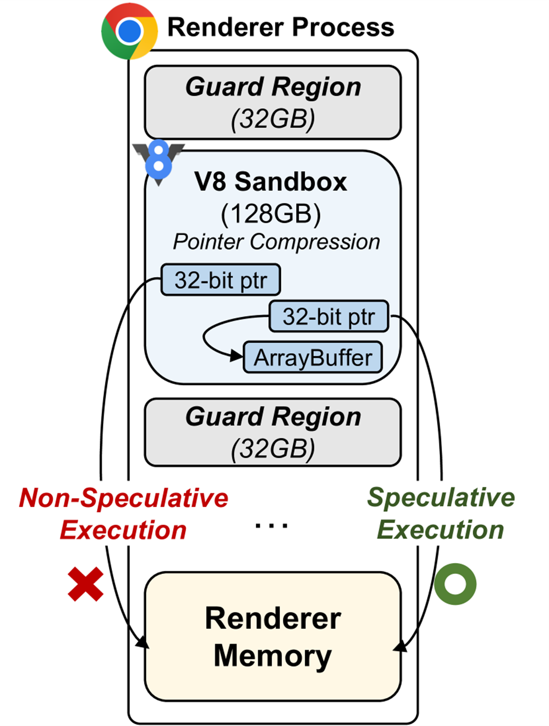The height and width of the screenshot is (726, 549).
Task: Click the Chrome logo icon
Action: [x=129, y=31]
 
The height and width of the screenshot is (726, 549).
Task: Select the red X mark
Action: [x=86, y=584]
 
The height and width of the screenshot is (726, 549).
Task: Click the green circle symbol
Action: [x=455, y=584]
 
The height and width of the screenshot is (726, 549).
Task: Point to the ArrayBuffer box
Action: [x=313, y=358]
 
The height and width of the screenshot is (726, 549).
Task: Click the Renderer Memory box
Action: [x=273, y=636]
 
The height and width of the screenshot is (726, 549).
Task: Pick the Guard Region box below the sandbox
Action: [x=273, y=432]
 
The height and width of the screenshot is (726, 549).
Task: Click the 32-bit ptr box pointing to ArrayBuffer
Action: [x=328, y=316]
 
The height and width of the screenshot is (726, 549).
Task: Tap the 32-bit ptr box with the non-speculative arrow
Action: [x=221, y=280]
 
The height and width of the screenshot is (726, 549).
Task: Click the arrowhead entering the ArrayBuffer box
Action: [x=237, y=356]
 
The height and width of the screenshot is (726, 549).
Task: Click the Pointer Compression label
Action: [x=276, y=242]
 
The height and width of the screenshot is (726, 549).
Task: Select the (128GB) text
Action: [x=271, y=213]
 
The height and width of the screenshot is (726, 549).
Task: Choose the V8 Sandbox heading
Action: [x=271, y=182]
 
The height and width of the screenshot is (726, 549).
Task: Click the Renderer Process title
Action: [x=280, y=27]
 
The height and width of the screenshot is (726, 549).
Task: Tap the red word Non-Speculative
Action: [x=124, y=498]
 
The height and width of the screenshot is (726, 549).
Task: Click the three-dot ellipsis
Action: [x=271, y=526]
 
